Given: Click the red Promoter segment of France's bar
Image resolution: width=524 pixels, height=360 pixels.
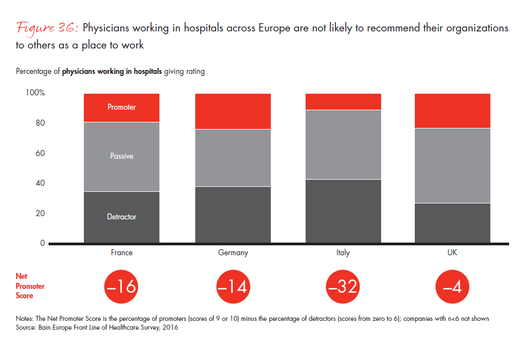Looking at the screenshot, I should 121,108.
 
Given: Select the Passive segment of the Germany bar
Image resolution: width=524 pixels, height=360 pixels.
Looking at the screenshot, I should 233,158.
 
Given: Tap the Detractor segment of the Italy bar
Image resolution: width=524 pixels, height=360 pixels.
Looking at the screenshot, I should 343,211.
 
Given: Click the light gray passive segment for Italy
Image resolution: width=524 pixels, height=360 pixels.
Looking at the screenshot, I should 343,144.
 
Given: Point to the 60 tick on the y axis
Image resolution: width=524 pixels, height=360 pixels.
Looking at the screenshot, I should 38,153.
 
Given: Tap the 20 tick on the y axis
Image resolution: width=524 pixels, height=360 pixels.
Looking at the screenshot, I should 38,213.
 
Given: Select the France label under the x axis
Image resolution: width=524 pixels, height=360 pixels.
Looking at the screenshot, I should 121,253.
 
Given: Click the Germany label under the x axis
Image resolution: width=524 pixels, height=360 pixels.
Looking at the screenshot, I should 233,253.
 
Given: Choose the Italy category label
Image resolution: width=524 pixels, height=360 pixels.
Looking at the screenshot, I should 343,253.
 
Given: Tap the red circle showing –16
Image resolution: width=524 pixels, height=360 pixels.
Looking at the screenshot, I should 121,287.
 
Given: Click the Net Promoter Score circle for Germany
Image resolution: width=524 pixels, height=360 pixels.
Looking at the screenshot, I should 233,287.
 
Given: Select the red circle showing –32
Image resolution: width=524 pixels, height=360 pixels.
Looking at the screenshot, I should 343,287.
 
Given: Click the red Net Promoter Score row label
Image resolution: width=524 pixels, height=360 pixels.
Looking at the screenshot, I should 30,287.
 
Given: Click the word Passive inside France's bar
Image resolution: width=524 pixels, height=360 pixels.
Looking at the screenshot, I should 121,156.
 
